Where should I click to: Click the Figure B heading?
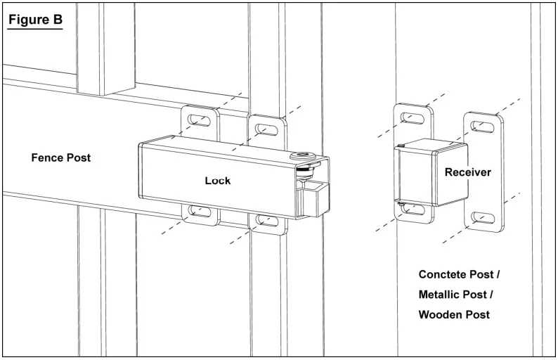coord(35,20)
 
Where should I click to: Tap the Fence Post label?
coord(61,157)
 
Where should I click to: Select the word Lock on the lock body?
coord(218,181)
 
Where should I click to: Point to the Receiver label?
coord(467,172)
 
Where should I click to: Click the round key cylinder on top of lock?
coord(303,156)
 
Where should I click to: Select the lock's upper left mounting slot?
coord(199,120)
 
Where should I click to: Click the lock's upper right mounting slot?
coord(266,129)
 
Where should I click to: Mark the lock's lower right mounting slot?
coord(266,221)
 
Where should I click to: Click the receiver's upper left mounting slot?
coord(413,118)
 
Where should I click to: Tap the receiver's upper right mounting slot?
coord(483,127)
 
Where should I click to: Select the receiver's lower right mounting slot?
coord(483,217)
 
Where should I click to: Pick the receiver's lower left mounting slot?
coord(413,210)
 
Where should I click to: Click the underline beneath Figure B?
coord(35,28)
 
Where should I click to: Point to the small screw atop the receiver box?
coord(401,146)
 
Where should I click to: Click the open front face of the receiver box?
coord(415,176)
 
